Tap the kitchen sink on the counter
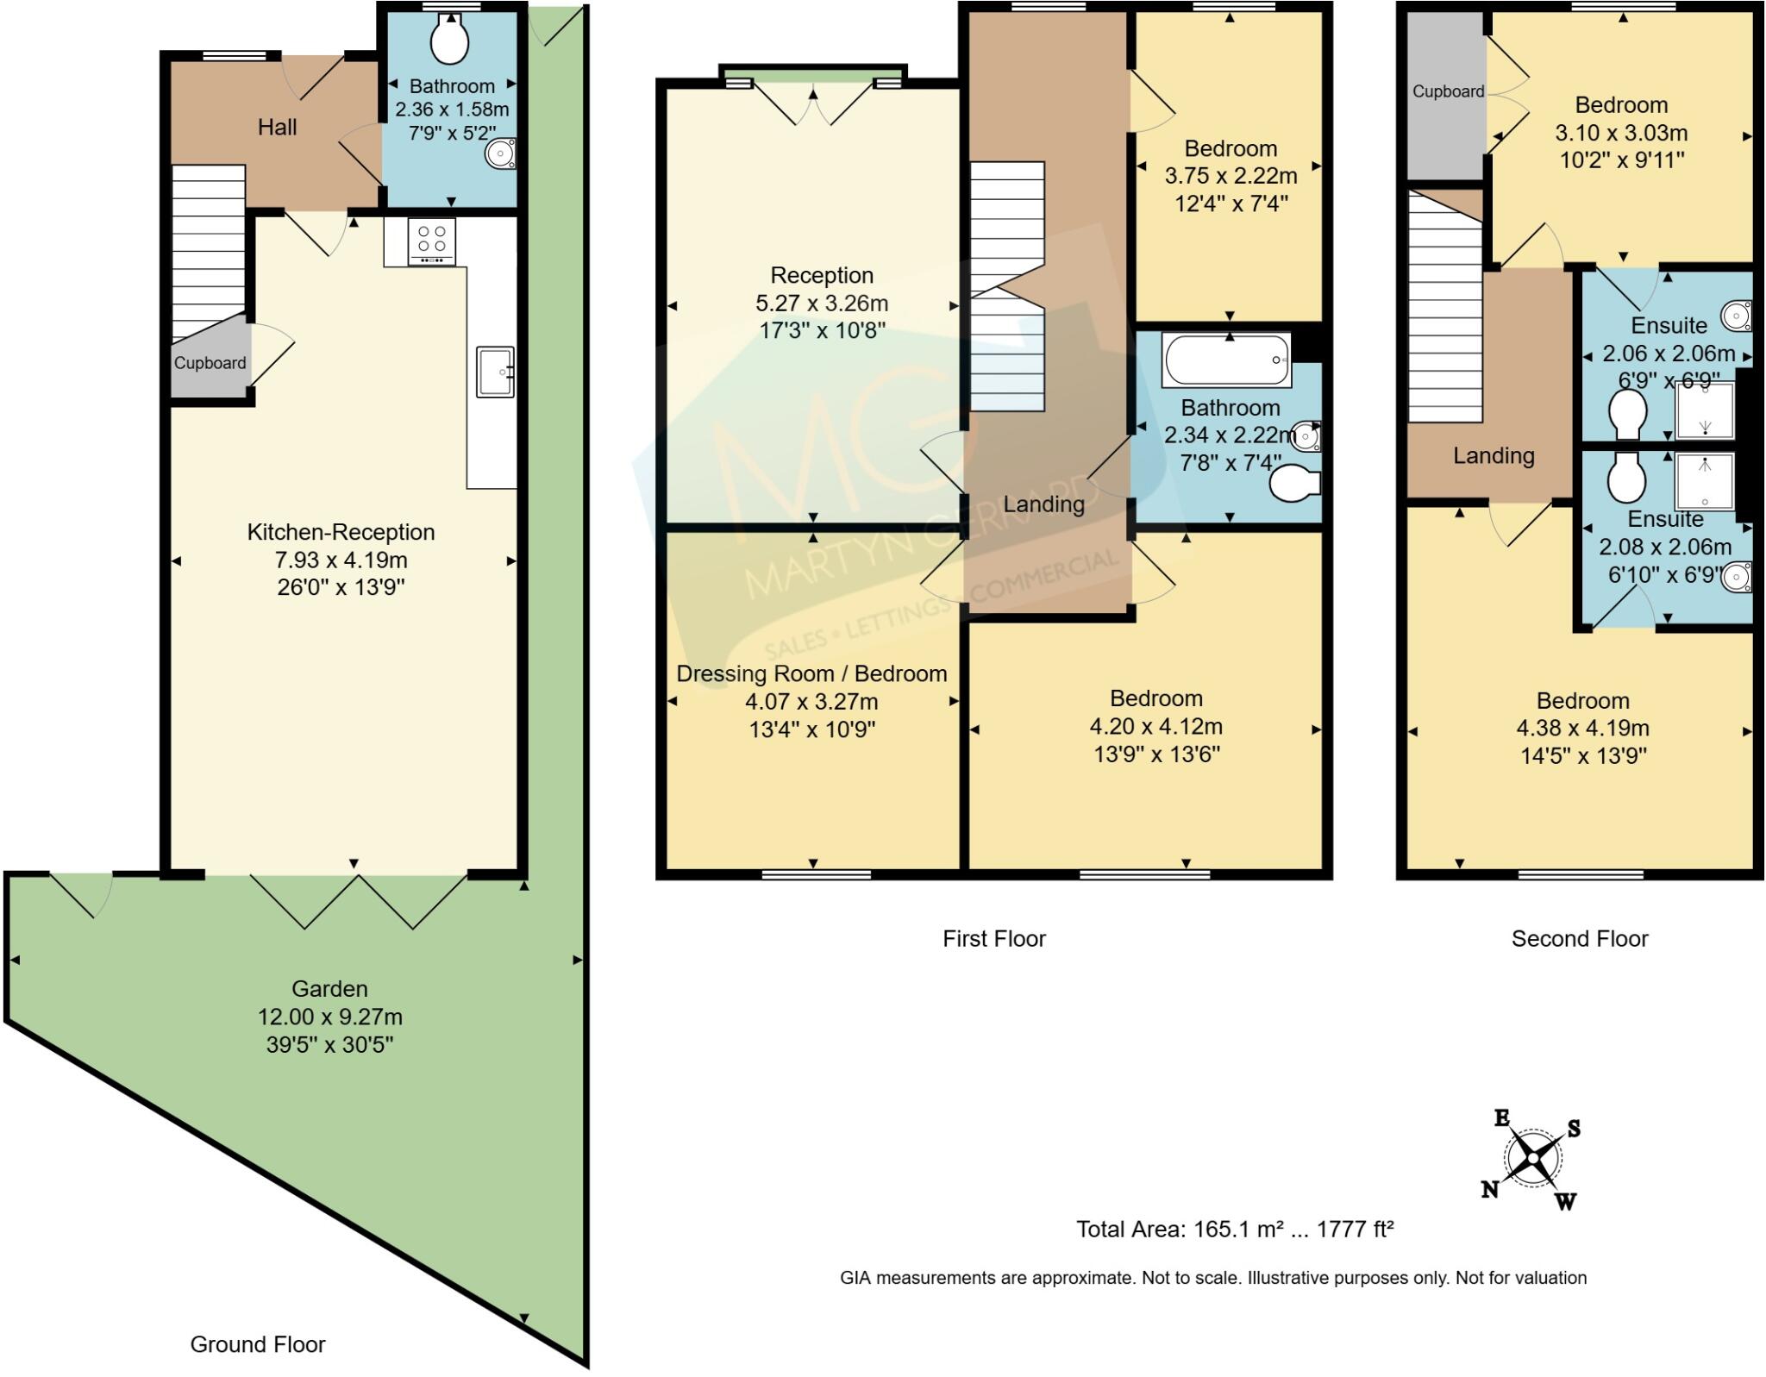point(495,372)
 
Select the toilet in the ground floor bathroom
point(449,40)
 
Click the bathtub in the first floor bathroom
point(1226,359)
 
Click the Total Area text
point(1234,1229)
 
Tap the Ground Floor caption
point(258,1344)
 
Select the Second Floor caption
point(1579,939)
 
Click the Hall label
point(277,128)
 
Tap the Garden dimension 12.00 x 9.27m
point(330,1017)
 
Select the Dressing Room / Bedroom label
point(811,673)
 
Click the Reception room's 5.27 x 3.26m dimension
point(822,304)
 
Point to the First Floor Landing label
point(1043,504)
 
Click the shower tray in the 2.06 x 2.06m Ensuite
point(1704,410)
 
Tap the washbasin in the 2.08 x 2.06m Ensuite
point(1736,577)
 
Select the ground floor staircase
point(208,250)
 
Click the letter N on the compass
point(1489,1190)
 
